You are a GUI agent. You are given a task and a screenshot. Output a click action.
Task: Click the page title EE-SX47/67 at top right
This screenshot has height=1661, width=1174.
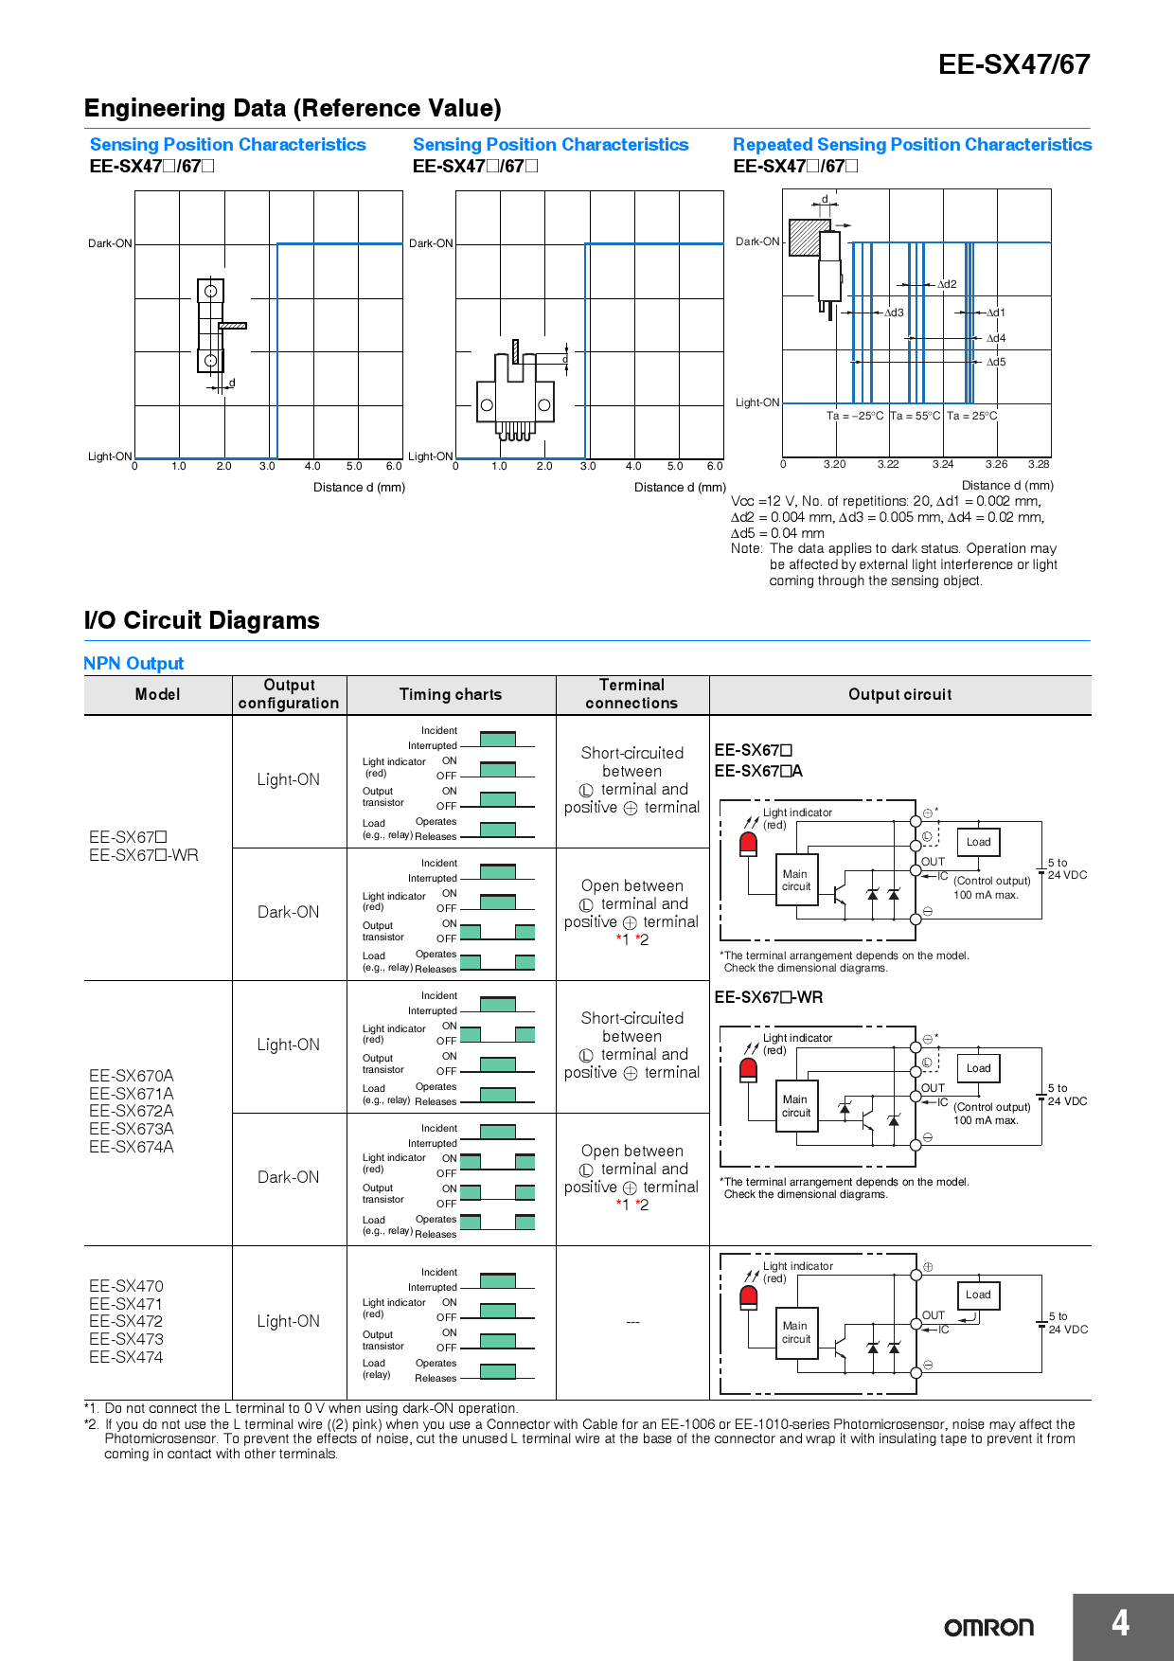1013,64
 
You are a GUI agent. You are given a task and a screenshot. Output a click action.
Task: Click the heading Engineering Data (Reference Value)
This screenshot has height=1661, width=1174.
293,108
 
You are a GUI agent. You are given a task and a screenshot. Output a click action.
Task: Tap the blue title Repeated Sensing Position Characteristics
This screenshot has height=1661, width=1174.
912,145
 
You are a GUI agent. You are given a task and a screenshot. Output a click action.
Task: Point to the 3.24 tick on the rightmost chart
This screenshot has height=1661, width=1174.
942,464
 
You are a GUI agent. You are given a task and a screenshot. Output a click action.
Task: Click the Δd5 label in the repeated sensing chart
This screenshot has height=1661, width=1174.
996,362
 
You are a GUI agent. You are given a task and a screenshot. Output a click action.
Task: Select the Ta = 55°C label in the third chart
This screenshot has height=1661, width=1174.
915,416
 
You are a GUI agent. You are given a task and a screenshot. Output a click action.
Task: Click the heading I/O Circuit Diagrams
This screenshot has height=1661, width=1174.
202,620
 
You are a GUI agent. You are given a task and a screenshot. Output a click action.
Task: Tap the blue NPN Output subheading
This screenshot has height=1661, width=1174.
133,663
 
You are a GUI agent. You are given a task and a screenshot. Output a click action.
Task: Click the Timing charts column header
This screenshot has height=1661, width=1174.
451,694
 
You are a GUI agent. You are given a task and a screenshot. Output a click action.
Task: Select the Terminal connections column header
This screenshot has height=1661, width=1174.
631,694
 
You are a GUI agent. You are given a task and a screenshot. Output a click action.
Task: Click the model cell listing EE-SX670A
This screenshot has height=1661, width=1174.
132,1076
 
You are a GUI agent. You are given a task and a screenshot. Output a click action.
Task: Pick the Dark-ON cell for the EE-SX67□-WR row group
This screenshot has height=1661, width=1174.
289,912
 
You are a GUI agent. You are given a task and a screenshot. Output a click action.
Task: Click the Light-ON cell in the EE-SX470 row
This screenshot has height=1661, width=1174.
289,1321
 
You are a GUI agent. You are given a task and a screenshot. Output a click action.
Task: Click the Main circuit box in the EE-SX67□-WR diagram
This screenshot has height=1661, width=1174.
795,1106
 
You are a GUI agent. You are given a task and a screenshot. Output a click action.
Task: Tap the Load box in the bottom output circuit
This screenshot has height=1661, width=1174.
978,1295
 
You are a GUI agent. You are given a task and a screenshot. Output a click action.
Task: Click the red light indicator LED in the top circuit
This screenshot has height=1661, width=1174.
748,843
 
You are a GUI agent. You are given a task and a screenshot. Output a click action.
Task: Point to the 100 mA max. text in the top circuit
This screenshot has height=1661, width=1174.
986,895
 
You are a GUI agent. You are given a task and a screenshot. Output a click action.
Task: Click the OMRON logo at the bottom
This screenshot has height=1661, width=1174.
988,1627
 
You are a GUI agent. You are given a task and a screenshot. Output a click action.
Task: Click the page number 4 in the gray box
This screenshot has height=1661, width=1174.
1120,1623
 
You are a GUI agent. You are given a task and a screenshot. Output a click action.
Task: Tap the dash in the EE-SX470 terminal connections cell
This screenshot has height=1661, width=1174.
632,1322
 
